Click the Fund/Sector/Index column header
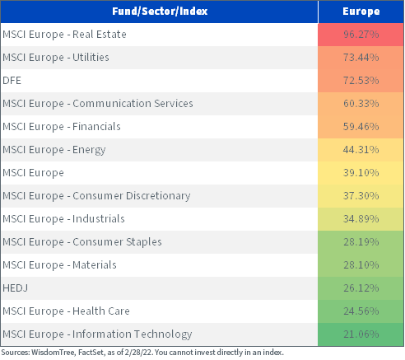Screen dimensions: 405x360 160,12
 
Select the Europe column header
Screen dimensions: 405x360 361,12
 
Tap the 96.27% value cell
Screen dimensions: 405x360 361,35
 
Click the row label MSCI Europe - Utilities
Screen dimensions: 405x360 56,58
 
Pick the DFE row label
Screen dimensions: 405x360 12,81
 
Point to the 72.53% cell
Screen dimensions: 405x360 361,81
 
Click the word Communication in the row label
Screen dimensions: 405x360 112,104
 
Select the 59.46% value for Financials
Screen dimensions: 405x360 361,127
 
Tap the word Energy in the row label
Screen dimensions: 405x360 89,150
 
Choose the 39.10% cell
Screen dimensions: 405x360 361,173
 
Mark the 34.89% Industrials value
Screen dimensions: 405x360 361,219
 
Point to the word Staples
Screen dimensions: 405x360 144,242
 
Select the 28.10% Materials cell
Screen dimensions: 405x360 361,265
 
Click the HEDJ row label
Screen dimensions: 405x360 16,288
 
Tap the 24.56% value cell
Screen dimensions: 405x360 361,311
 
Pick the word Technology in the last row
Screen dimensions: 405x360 163,334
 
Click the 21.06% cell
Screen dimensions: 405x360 361,334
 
